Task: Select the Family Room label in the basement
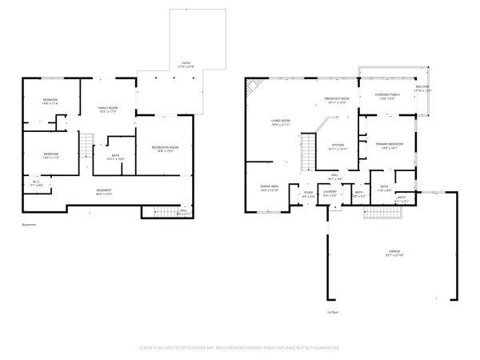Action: pyautogui.click(x=108, y=109)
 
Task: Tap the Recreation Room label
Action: pyautogui.click(x=165, y=149)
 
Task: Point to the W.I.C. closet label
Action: pyautogui.click(x=37, y=183)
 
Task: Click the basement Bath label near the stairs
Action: pyautogui.click(x=115, y=157)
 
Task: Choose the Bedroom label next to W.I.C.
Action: pyautogui.click(x=50, y=154)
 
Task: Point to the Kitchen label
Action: pyautogui.click(x=338, y=146)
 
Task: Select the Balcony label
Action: pyautogui.click(x=422, y=88)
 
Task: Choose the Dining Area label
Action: pyautogui.click(x=269, y=188)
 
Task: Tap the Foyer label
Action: pyautogui.click(x=308, y=194)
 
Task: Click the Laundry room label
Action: pyautogui.click(x=328, y=194)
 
